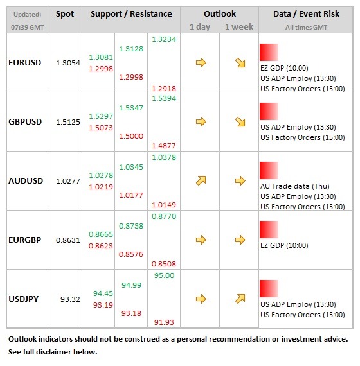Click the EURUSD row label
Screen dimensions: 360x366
pyautogui.click(x=25, y=63)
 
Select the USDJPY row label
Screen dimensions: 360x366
pyautogui.click(x=24, y=299)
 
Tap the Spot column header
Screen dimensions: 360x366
pyautogui.click(x=65, y=14)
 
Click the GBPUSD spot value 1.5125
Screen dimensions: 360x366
pyautogui.click(x=68, y=122)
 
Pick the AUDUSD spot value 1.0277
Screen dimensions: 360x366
pyautogui.click(x=68, y=181)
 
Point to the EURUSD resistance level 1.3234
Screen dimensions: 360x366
pyautogui.click(x=164, y=39)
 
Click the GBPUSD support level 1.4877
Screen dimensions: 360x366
pyautogui.click(x=164, y=146)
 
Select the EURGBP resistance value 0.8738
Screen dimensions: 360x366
pyautogui.click(x=131, y=226)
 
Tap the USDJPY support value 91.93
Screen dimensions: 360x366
pyautogui.click(x=164, y=322)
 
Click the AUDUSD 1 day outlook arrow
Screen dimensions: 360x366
pyautogui.click(x=201, y=180)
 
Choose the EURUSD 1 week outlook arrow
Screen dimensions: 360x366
pyautogui.click(x=240, y=63)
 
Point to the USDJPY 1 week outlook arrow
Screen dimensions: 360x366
pyautogui.click(x=240, y=299)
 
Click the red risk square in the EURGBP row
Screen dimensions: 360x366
pyautogui.click(x=269, y=229)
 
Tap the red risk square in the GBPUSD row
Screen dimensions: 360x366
pyautogui.click(x=269, y=111)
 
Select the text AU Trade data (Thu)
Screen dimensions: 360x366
pyautogui.click(x=295, y=186)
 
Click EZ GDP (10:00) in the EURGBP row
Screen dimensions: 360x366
pyautogui.click(x=284, y=245)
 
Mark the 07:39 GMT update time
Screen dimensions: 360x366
pyautogui.click(x=28, y=28)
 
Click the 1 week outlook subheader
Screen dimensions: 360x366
pyautogui.click(x=239, y=27)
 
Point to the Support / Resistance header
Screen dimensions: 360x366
pyautogui.click(x=131, y=14)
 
